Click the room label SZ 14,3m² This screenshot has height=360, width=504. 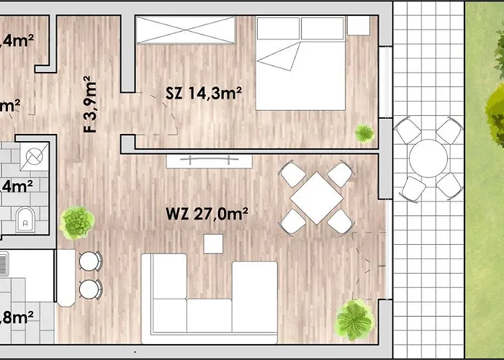[x=204, y=93]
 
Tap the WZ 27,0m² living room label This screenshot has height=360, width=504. [x=207, y=213]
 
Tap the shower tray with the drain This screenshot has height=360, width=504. [x=33, y=153]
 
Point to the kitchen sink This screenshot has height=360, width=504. [x=4, y=266]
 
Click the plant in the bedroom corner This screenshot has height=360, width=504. [x=364, y=132]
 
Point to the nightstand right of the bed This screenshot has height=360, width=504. [x=358, y=25]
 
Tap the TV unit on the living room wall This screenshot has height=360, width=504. [x=209, y=160]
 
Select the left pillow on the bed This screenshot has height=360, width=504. [x=278, y=29]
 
